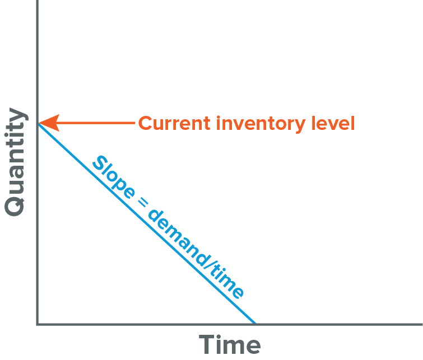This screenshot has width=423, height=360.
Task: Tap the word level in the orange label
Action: [x=333, y=123]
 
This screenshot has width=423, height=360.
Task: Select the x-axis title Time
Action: [x=230, y=344]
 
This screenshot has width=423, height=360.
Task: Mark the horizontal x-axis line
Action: [x=336, y=324]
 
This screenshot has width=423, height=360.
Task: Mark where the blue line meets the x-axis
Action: [x=254, y=323]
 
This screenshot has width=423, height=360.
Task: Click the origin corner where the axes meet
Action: [x=37, y=324]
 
